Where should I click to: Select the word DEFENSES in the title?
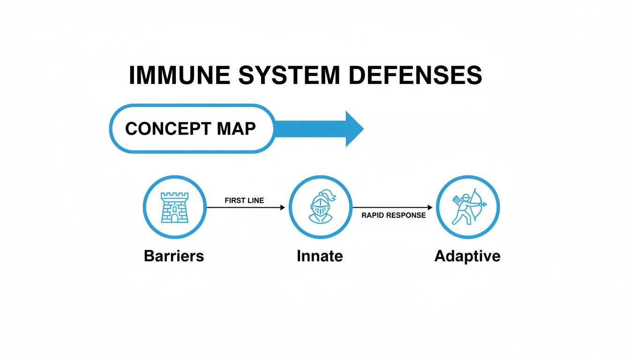click(416, 75)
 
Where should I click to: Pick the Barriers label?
click(174, 256)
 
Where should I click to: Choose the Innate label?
click(320, 256)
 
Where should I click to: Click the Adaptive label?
click(467, 256)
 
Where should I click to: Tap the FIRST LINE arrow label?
click(244, 201)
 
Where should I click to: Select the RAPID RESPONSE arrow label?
click(394, 215)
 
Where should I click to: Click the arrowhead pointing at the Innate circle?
click(282, 207)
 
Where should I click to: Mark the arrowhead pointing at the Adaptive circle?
click(430, 207)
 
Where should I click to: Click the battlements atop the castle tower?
click(174, 195)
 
